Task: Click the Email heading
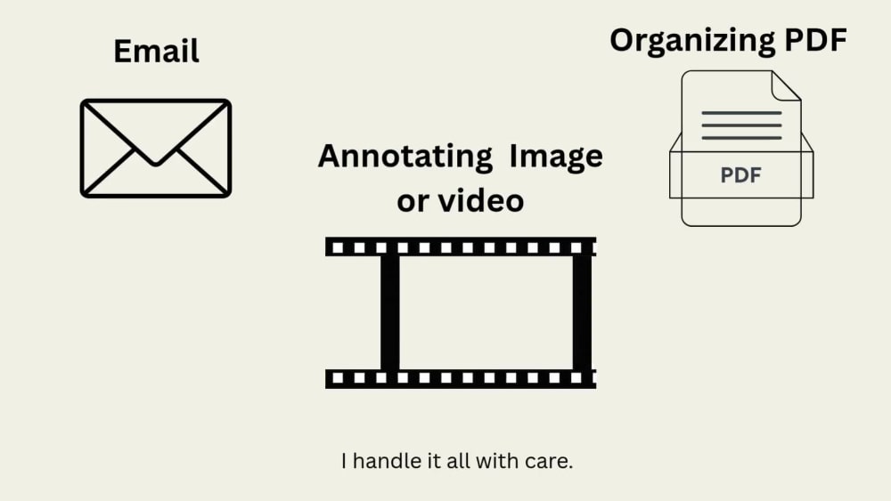[156, 51]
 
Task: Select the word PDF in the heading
[815, 40]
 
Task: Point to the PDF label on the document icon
[741, 175]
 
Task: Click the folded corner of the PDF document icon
[786, 85]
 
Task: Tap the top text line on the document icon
[741, 113]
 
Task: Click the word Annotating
[405, 158]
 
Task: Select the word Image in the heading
[556, 158]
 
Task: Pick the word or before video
[413, 203]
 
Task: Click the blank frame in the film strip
[486, 312]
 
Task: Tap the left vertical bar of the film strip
[390, 312]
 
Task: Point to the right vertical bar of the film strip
[582, 312]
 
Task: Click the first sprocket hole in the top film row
[338, 247]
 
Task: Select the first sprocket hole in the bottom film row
[338, 378]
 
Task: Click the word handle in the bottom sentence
[388, 461]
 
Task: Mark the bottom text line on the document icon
[741, 138]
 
